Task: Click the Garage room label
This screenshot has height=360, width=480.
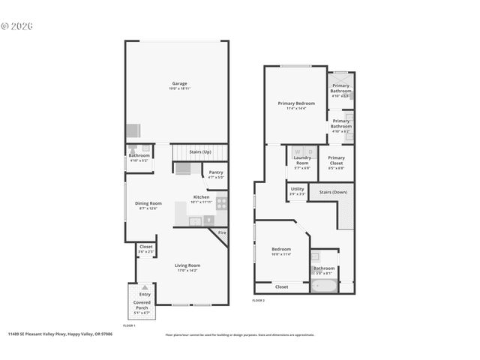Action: click(179, 83)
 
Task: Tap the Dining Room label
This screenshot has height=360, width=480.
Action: click(148, 203)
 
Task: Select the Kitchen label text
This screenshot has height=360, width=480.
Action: click(201, 197)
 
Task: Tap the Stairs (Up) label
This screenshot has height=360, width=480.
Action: click(199, 152)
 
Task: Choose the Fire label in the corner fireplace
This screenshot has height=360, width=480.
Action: click(222, 232)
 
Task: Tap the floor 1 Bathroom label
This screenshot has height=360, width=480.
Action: click(139, 156)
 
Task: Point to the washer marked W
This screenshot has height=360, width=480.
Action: click(297, 151)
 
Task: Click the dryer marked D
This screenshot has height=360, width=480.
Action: click(310, 151)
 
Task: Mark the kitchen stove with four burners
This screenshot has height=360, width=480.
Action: click(222, 202)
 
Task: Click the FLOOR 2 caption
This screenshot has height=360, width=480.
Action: click(258, 300)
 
